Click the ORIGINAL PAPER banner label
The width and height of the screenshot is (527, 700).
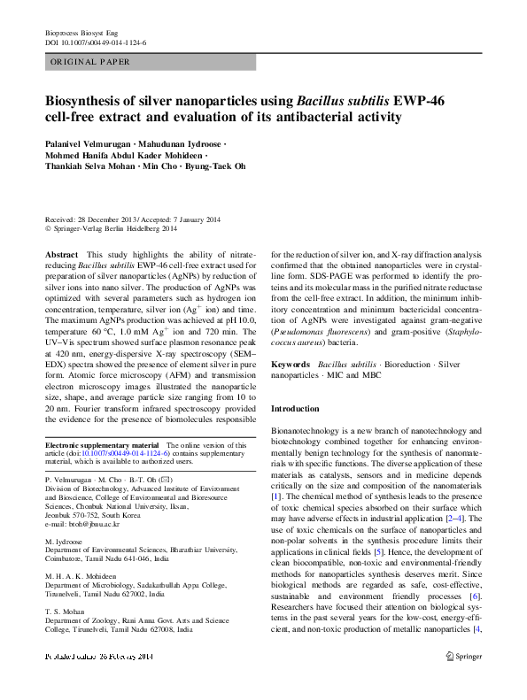coord(90,62)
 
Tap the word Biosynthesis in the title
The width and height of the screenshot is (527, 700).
coord(89,100)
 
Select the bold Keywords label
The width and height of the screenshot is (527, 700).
coord(291,364)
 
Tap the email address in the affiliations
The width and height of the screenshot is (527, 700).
coord(75,524)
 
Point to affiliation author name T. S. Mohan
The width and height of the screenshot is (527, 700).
coord(66,610)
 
